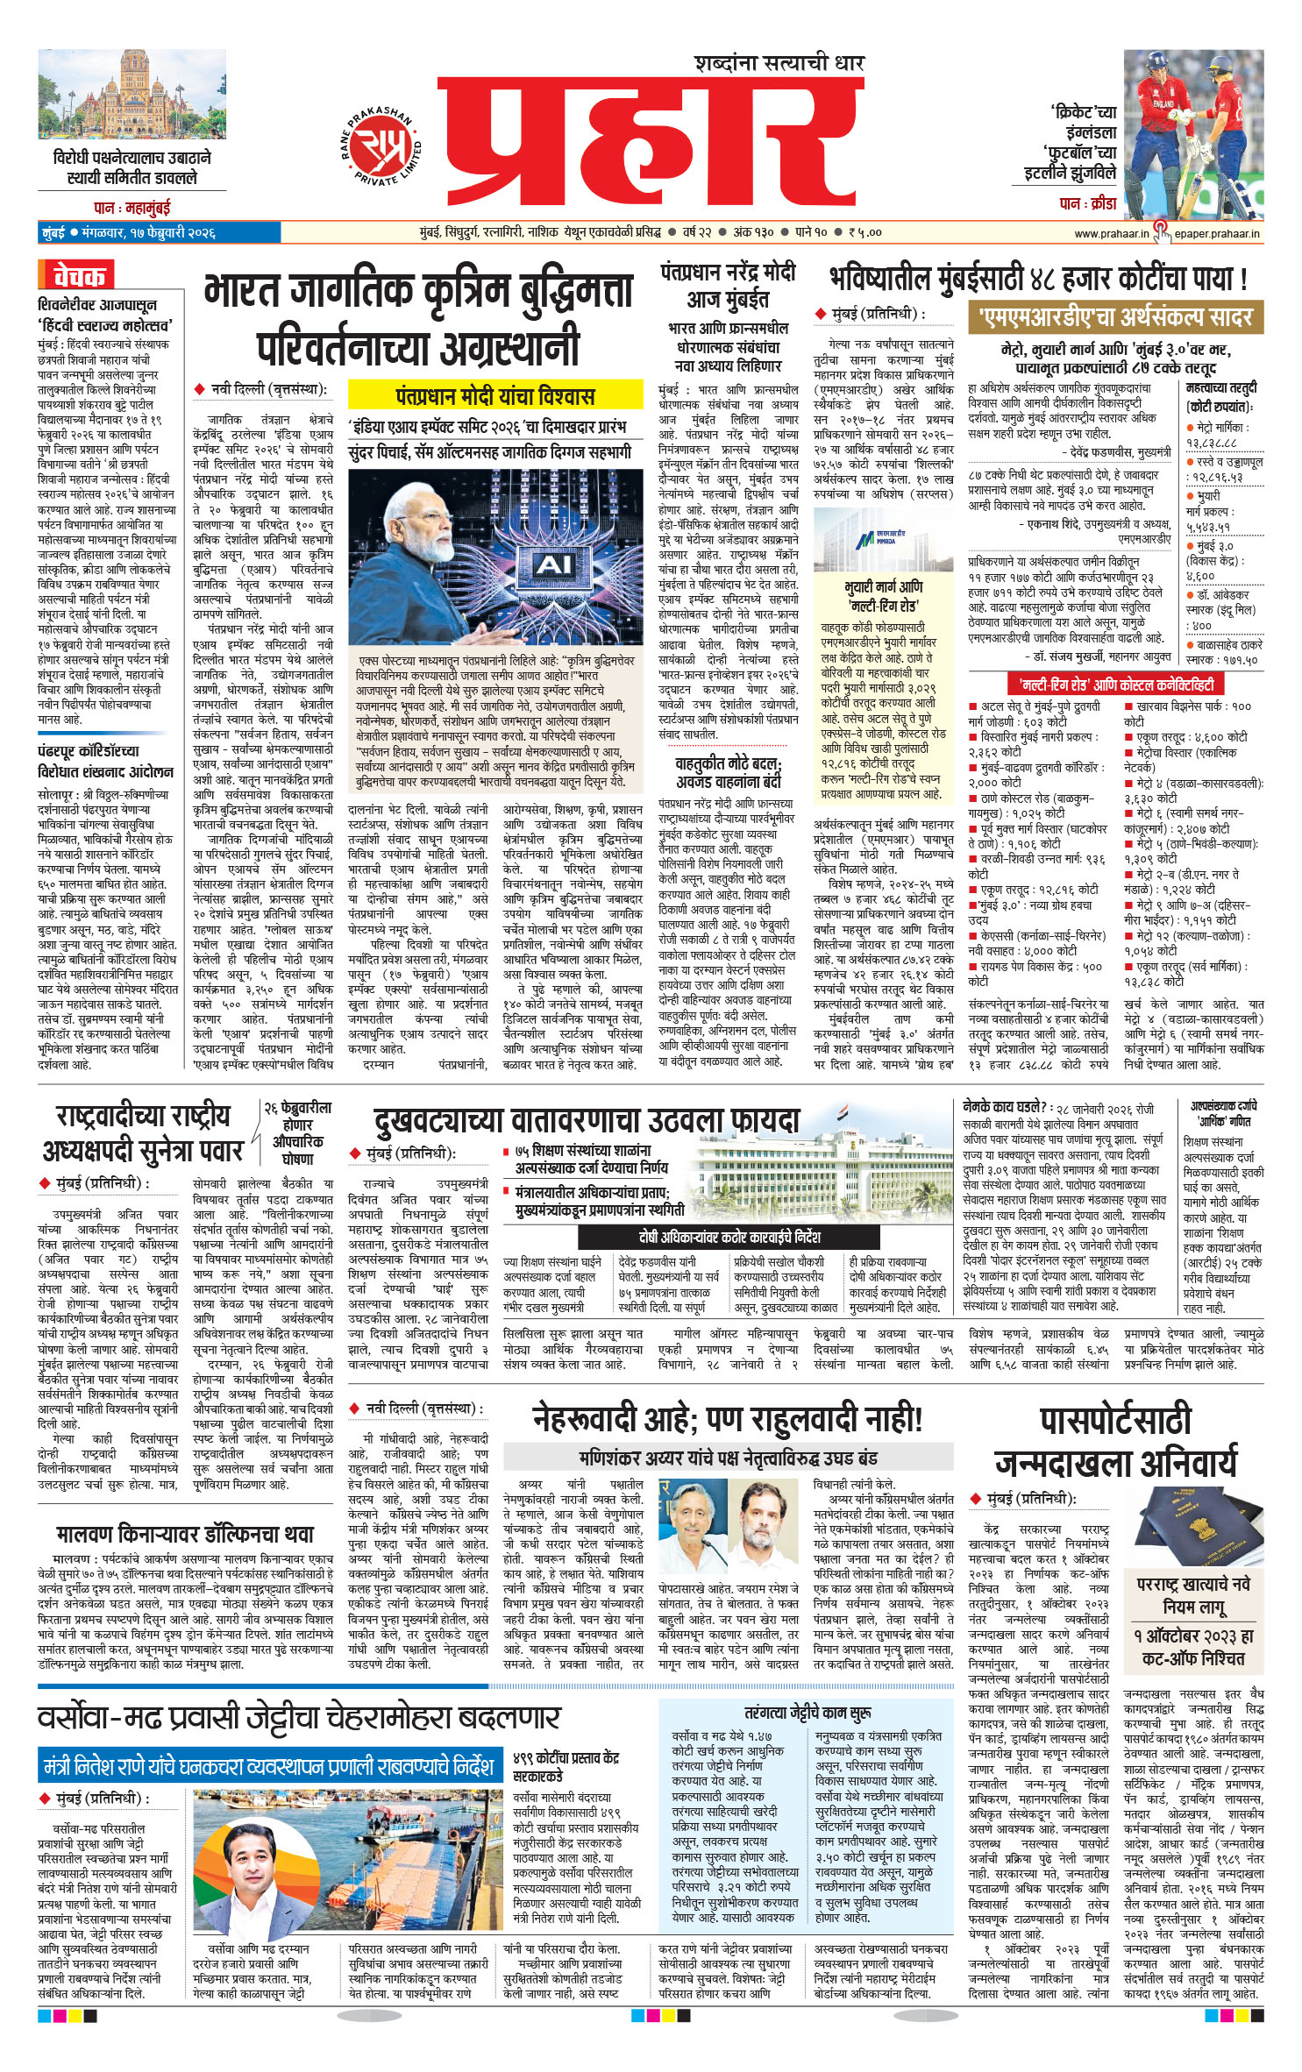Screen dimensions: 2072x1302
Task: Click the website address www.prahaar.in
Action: (x=1111, y=233)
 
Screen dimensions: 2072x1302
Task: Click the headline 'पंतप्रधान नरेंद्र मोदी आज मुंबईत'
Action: (x=728, y=286)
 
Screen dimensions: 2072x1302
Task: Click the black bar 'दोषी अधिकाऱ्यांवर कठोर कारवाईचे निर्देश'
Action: (x=729, y=1237)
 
